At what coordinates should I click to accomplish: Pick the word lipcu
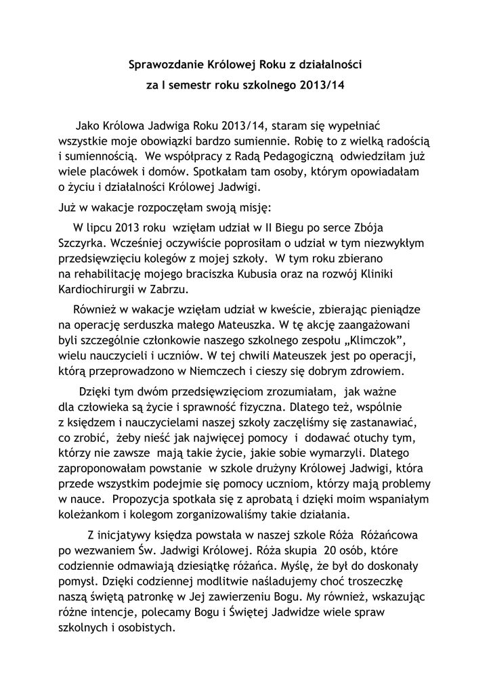98,227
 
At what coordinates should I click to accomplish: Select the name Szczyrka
81,242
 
